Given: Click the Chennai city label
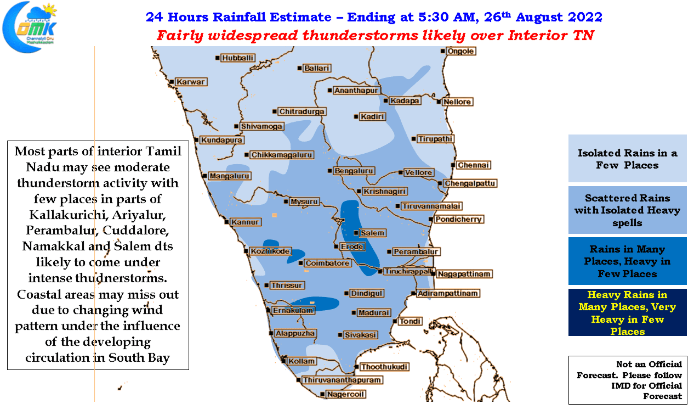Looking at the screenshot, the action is point(473,165).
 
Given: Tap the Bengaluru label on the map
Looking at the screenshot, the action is point(354,171).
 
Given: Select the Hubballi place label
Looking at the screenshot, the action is point(237,58).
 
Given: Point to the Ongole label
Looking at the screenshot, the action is point(460,51).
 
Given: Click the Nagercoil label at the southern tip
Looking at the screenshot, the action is point(345,394).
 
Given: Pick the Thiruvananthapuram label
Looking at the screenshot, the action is point(342,380).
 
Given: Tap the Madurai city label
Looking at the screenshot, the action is point(374,312).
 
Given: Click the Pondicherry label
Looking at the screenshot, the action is point(458,220).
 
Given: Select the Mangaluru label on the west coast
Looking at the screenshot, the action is point(229,176).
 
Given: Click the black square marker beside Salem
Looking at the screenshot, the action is point(356,233).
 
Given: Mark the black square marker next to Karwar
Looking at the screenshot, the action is point(172,82).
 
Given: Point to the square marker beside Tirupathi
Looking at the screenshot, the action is point(414,139).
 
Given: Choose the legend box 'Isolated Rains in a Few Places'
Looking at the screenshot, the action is point(627,158).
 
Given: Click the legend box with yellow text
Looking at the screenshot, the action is point(627,312).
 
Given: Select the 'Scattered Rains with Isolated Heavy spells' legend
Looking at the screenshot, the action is point(627,210).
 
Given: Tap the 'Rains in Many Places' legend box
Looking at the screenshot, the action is point(627,261).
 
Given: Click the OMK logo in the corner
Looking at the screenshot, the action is point(30,27).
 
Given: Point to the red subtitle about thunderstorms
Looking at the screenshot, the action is point(375,35).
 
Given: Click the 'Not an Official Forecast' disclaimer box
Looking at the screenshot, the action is point(628,380).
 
